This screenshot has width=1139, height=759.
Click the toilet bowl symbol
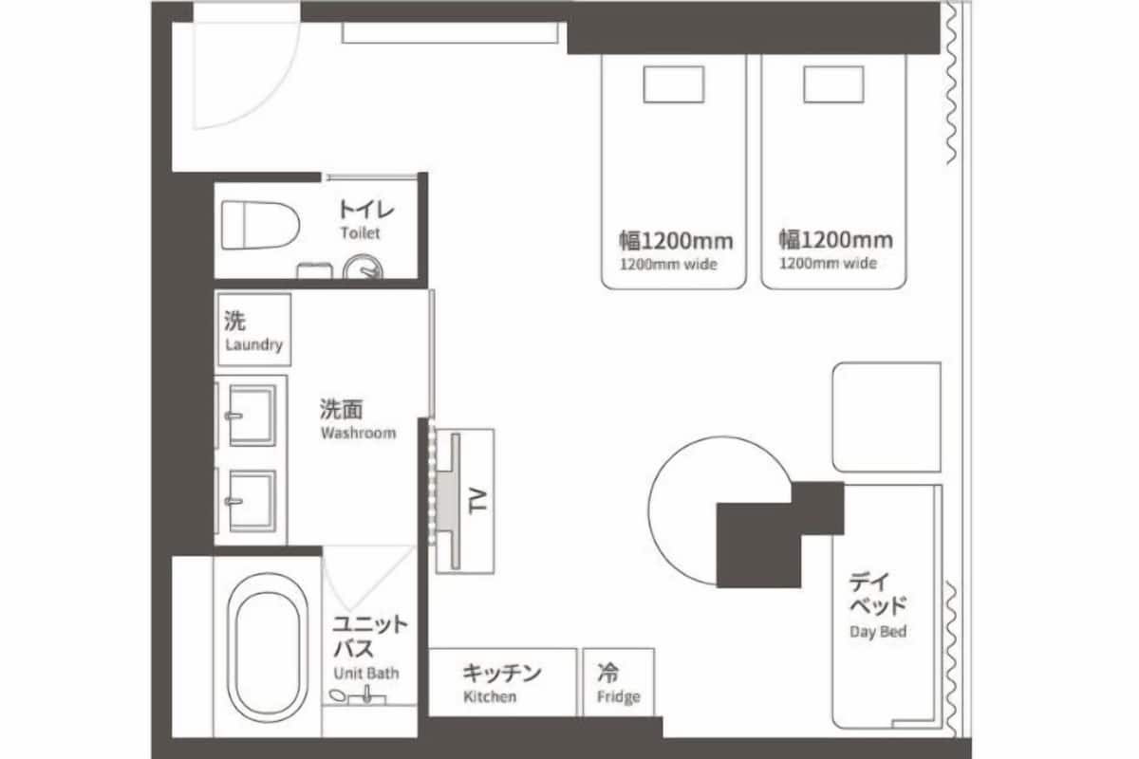pos(260,225)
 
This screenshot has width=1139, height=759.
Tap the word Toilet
pos(360,232)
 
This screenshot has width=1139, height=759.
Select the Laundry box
pos(253,329)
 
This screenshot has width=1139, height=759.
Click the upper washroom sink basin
pos(252,416)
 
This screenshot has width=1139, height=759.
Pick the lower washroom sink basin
pos(252,501)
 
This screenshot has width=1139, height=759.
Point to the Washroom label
pos(358,434)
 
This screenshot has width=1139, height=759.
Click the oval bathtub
pos(268,648)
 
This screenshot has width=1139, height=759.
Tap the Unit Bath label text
pos(366,673)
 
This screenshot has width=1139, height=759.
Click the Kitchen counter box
pos(502,682)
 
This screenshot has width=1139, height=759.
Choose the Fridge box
pos(618,682)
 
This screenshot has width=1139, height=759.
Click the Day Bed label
pos(878,632)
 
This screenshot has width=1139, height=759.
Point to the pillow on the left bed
pos(674,84)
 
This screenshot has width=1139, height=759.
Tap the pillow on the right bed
pos(833,84)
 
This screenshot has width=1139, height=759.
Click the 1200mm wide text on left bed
pos(668,265)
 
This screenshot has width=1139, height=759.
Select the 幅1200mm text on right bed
pos(836,240)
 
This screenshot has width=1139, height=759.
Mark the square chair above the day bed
pos(887,417)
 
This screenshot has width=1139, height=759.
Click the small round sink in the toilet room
pos(363,268)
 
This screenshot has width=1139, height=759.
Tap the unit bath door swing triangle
pos(369,579)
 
